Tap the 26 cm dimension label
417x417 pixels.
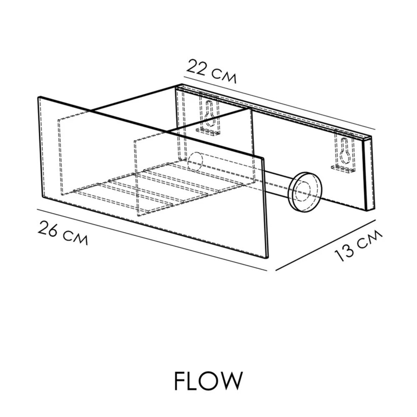pyautogui.click(x=63, y=233)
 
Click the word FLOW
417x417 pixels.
pyautogui.click(x=208, y=380)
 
